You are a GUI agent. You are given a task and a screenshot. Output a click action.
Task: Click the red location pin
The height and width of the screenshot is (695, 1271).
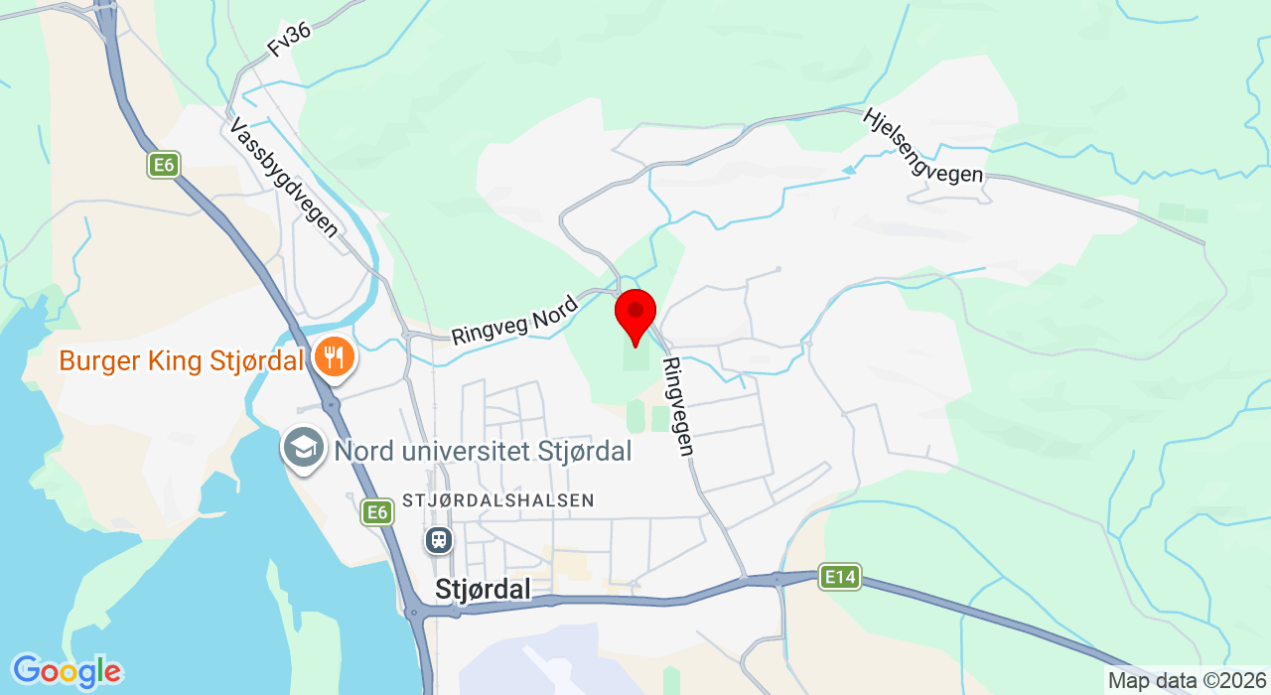tap(635, 313)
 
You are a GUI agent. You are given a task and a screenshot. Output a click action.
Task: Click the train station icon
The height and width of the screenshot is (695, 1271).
tap(438, 540)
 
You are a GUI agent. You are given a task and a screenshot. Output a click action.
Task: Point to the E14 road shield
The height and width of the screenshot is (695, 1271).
tap(839, 577)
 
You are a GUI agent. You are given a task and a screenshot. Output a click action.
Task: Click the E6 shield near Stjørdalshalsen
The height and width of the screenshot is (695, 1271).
tap(375, 512)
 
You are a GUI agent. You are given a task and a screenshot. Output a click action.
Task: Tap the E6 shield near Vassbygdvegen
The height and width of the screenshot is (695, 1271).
tap(164, 164)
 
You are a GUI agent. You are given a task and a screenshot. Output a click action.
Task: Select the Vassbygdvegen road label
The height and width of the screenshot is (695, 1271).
tap(284, 177)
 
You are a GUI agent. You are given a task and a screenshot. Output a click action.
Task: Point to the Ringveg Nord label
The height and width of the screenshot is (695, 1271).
tap(513, 320)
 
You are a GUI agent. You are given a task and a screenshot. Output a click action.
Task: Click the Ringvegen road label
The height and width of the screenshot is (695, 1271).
tap(678, 407)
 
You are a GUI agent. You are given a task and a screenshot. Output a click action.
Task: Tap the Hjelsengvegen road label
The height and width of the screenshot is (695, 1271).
tap(921, 145)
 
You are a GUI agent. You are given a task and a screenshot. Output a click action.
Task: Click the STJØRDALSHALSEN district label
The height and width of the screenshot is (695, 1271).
tap(497, 500)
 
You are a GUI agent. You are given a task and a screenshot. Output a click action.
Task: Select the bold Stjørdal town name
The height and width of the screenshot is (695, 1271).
tap(483, 590)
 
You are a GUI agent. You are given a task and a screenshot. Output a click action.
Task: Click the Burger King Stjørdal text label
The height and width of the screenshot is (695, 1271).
tap(181, 360)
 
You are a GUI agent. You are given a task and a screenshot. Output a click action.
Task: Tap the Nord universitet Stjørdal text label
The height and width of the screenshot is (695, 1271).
tap(483, 451)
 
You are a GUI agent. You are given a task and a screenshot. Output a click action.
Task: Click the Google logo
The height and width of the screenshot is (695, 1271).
tap(67, 672)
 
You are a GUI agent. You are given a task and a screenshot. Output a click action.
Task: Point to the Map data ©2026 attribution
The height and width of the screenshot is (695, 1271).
tap(1188, 681)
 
